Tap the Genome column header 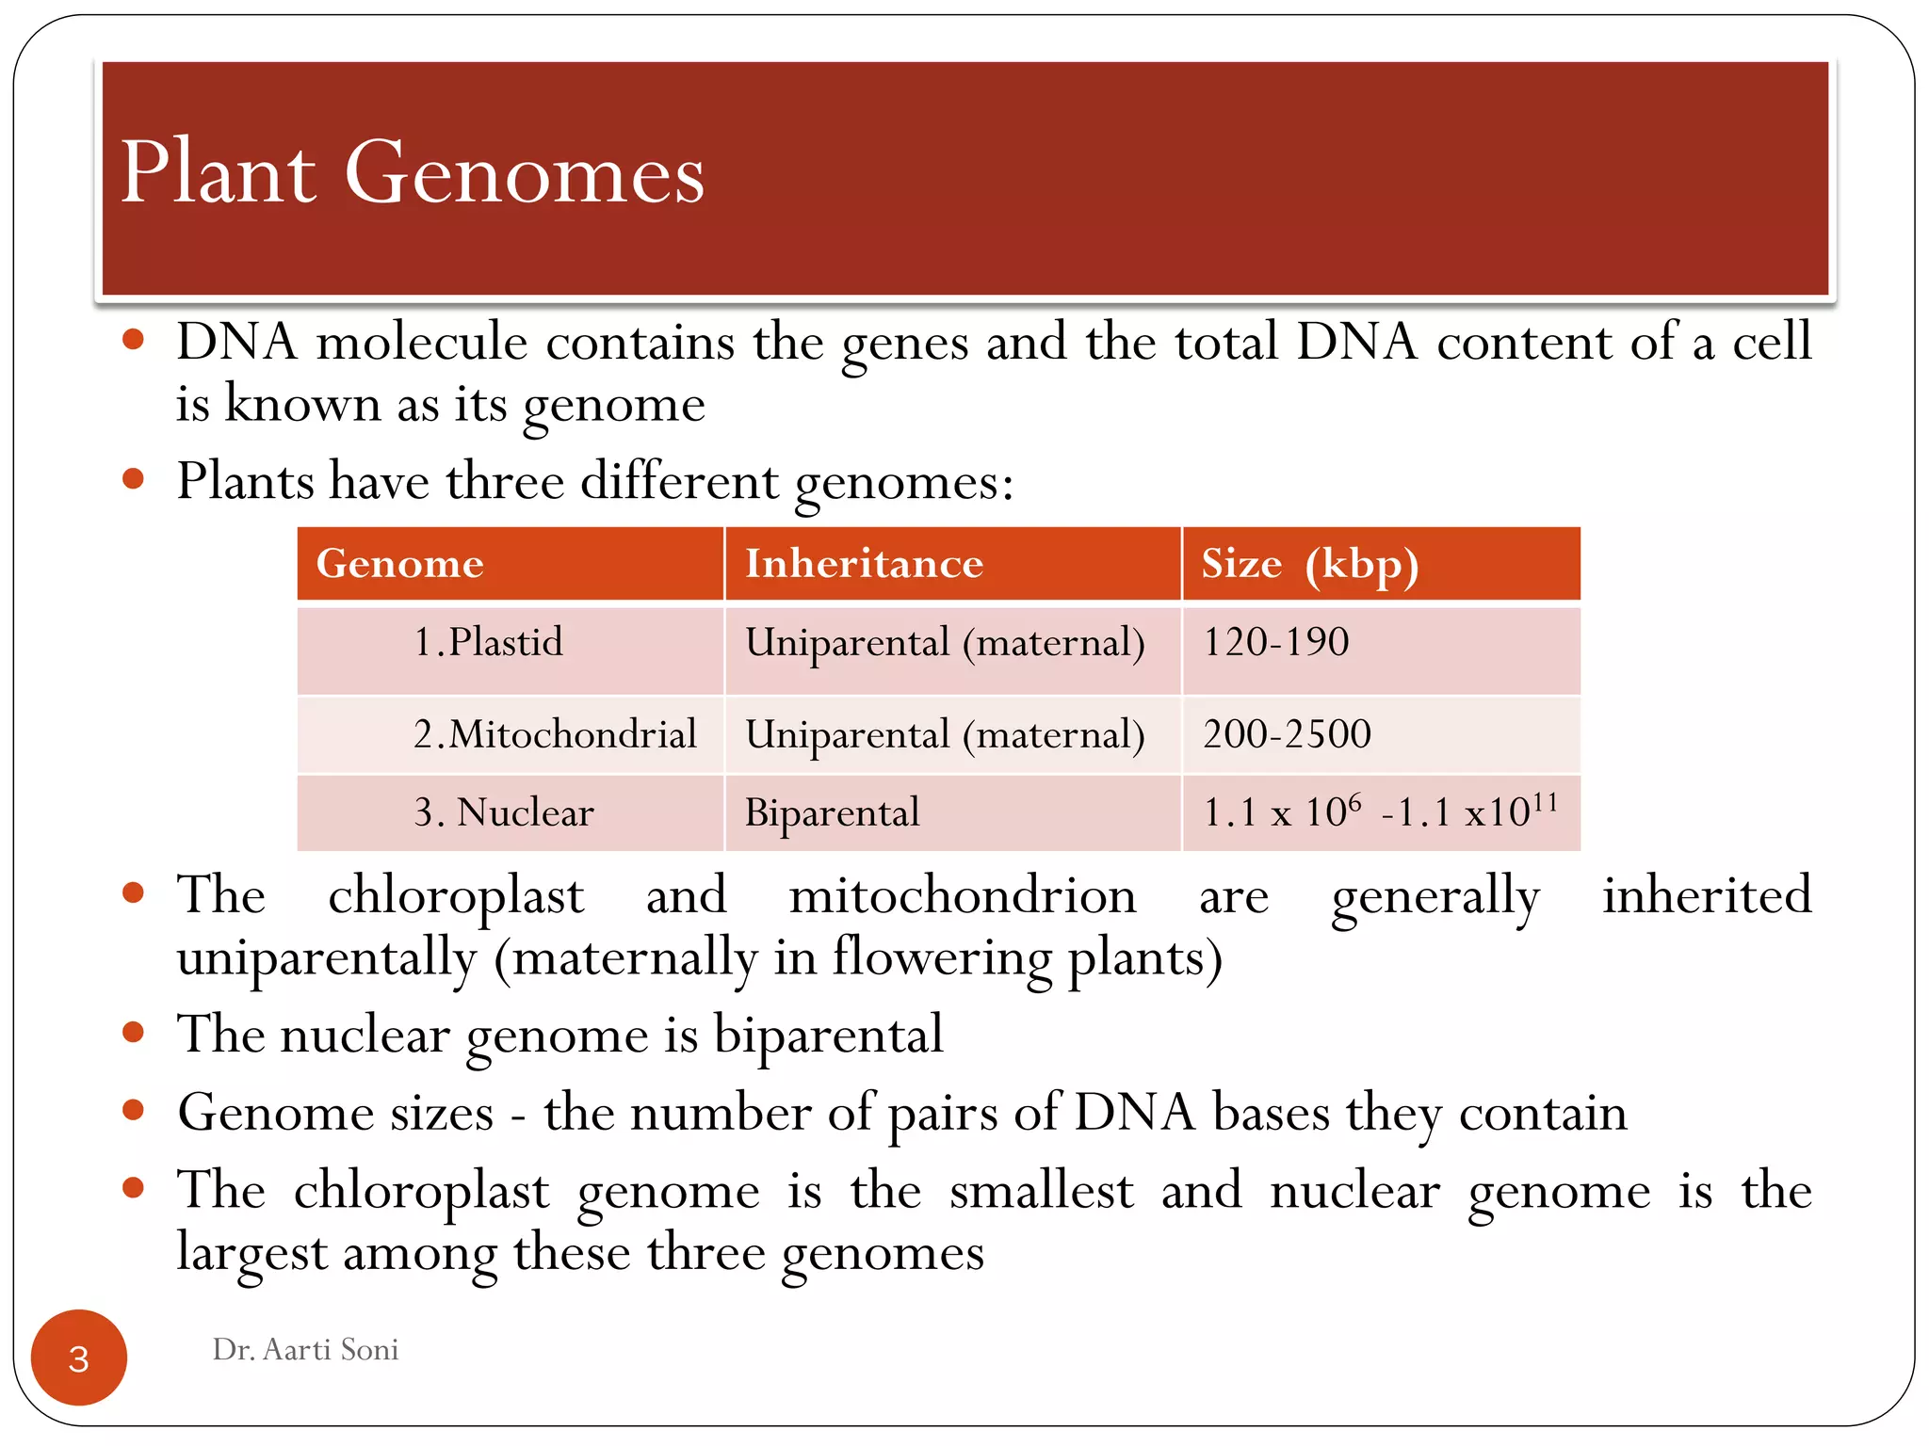tap(399, 564)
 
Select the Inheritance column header tap(864, 564)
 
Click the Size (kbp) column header tap(1309, 564)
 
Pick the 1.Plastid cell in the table tap(488, 643)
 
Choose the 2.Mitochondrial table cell tap(555, 734)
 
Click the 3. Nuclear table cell tap(504, 812)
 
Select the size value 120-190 tap(1276, 643)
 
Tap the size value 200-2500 tap(1287, 734)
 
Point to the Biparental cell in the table tap(832, 812)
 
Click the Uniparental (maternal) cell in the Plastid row tap(945, 643)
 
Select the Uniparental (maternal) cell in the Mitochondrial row tap(945, 734)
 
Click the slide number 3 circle tap(79, 1358)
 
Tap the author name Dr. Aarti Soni tap(305, 1350)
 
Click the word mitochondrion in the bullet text tap(963, 895)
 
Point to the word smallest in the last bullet tap(1041, 1191)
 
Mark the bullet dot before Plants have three tap(133, 479)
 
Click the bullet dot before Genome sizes tap(133, 1111)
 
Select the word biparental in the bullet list tap(828, 1036)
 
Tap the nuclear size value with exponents tap(1380, 811)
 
